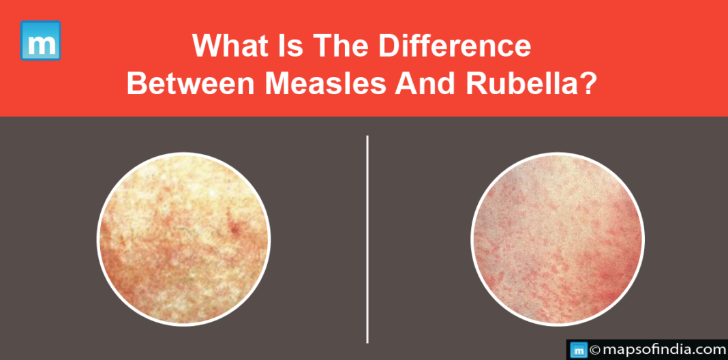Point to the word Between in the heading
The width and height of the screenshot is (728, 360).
tap(191, 84)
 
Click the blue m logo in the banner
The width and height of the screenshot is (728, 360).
tap(40, 40)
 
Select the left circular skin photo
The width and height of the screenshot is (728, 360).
tap(184, 239)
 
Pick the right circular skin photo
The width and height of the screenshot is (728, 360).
tap(558, 239)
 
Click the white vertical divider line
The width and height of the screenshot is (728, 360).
tap(367, 239)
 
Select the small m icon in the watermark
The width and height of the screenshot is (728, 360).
tap(579, 350)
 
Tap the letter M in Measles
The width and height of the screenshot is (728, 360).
tap(279, 84)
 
